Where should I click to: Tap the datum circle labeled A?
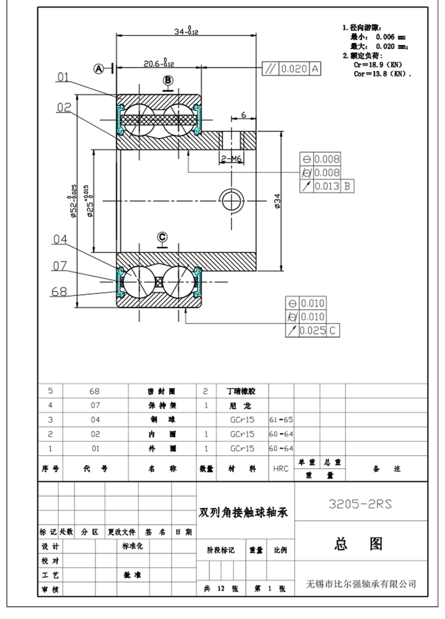[x=99, y=69]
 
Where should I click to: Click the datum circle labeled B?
[x=168, y=79]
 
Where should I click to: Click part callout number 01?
[x=63, y=78]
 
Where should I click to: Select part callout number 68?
[x=59, y=291]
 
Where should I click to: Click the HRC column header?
[x=281, y=468]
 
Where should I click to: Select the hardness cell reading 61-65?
[x=281, y=420]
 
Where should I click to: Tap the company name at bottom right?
[x=361, y=583]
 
